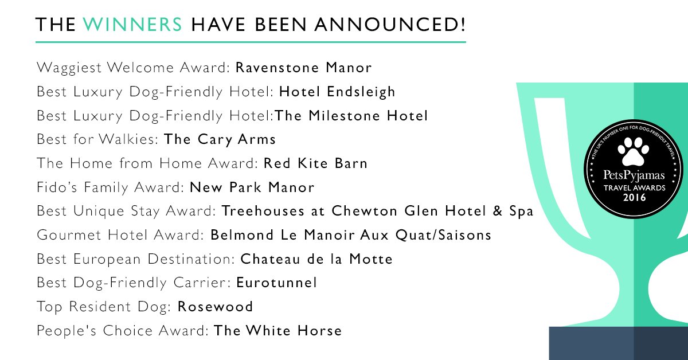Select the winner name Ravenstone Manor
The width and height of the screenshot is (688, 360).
click(304, 68)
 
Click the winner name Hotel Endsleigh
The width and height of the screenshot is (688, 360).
click(337, 92)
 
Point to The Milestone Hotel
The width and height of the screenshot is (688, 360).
click(351, 116)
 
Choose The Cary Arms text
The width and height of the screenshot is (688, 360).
click(220, 139)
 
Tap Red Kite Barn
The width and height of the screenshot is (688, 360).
click(315, 163)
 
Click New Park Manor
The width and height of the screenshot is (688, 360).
click(252, 187)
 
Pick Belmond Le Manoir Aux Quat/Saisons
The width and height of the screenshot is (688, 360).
click(351, 235)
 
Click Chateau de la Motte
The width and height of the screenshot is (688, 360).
click(316, 259)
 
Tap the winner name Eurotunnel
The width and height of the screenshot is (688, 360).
click(276, 283)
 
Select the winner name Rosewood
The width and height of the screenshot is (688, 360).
click(216, 307)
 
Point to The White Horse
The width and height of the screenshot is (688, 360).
click(277, 331)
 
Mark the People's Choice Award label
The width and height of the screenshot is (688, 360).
click(123, 331)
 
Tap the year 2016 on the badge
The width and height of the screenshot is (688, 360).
click(628, 198)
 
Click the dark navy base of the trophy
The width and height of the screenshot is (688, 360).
click(618, 344)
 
